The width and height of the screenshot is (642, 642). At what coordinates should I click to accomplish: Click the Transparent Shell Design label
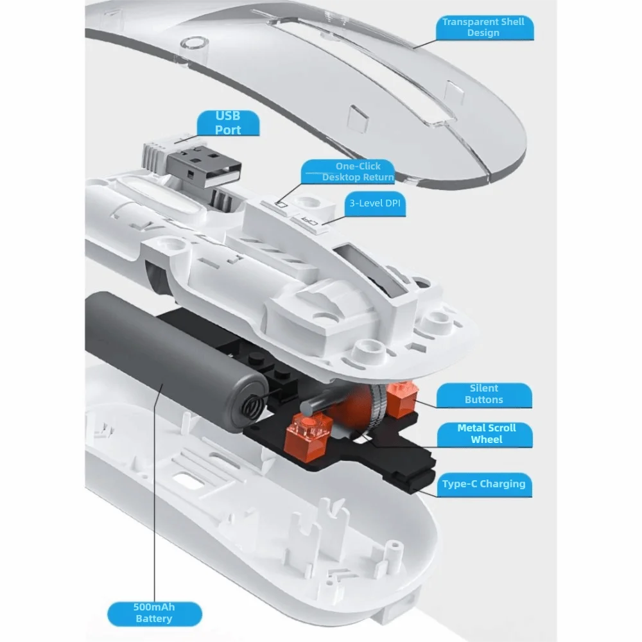(483, 28)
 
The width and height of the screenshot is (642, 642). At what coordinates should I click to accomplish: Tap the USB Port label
(228, 123)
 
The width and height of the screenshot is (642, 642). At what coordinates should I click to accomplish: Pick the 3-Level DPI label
(375, 204)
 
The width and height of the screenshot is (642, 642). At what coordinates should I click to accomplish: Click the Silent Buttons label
(484, 394)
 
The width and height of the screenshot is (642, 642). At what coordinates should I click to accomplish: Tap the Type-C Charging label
(483, 484)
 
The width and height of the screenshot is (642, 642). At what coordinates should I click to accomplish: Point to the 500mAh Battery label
(154, 613)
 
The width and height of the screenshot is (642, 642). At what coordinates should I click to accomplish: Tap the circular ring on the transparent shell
(194, 43)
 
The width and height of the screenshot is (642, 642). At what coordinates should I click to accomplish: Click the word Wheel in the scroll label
(487, 440)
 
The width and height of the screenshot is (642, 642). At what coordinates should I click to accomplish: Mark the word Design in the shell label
(483, 33)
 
